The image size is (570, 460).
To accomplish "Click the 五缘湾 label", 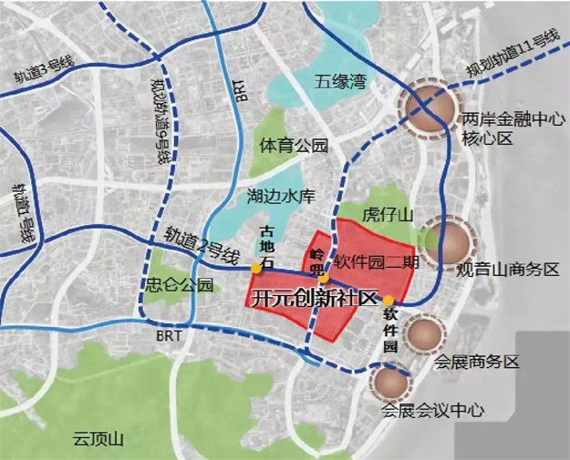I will click(339, 82).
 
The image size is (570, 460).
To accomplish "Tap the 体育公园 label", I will click(293, 146).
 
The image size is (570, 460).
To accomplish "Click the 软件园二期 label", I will click(376, 261).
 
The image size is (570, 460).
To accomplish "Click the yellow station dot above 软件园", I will click(389, 301).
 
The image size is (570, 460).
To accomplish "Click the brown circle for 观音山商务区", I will click(450, 241).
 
